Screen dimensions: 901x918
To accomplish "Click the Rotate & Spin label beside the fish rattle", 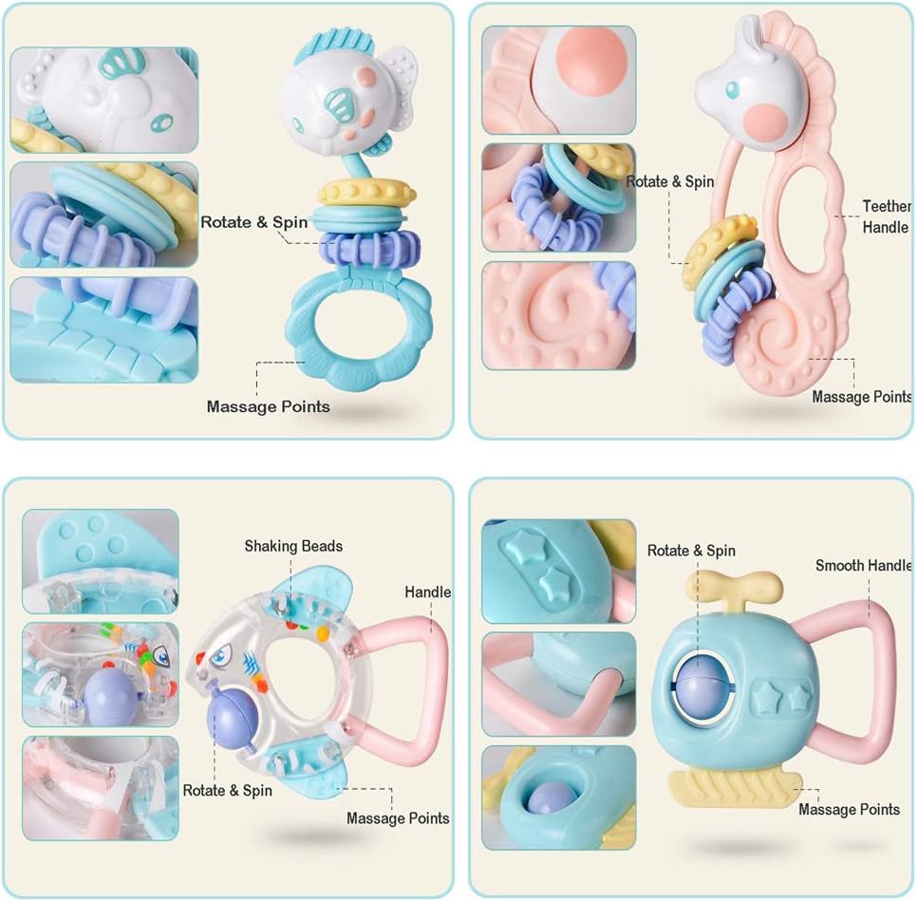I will click(x=253, y=222).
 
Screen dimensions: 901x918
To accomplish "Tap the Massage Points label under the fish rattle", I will click(x=269, y=406).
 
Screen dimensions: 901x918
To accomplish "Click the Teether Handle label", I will click(x=886, y=216).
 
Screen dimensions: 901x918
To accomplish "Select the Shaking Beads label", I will click(x=293, y=546).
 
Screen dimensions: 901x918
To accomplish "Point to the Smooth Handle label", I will click(x=863, y=566).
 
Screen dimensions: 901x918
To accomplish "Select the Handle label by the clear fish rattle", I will click(x=427, y=592).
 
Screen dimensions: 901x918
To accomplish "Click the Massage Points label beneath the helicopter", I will click(x=849, y=810).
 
